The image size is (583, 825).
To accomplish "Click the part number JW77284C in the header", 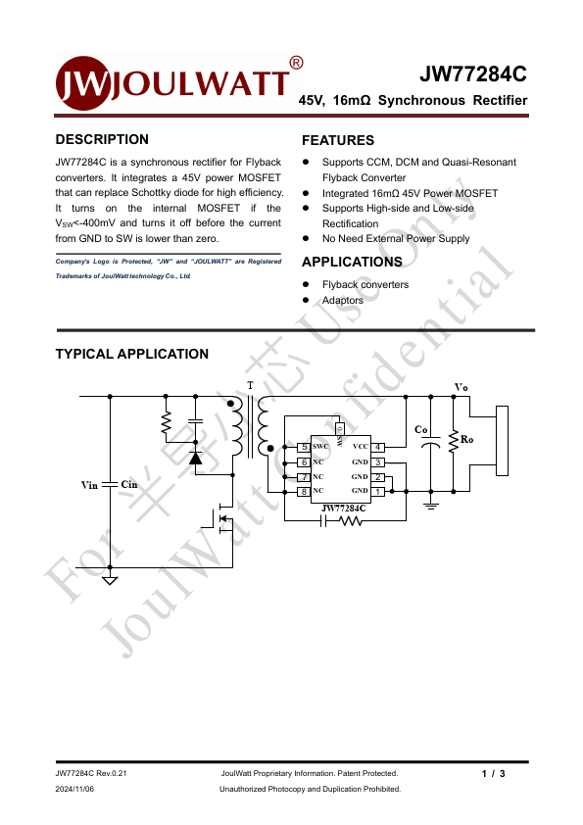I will pos(472,74).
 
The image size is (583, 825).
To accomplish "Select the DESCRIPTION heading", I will pos(102,139).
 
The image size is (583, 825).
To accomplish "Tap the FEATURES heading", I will pos(338,140).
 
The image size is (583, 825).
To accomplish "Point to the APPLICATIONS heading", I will pos(352,262).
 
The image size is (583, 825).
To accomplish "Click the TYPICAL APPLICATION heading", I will pos(131,354).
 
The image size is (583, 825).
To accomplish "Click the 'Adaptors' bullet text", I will pos(343,300).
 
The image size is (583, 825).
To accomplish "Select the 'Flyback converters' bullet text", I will pos(365,284).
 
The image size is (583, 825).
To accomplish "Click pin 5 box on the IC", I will pos(304,447).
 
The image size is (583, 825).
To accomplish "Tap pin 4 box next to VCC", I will pos(378,447).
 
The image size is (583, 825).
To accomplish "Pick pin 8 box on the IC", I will pos(304,491).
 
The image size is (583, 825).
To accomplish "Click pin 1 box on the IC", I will pos(378,491).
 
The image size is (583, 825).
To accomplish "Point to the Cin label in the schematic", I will pos(130,485).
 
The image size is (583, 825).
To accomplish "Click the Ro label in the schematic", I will pos(466,440).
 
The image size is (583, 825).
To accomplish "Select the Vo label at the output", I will pos(461,388).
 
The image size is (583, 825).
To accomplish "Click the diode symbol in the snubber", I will pos(195,457).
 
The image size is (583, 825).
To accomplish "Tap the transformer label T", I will pos(250,386).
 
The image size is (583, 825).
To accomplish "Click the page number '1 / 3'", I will pos(493,774).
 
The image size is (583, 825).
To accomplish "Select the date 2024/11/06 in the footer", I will pos(75,788).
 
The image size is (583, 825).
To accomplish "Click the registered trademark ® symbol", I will pos(296,63).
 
